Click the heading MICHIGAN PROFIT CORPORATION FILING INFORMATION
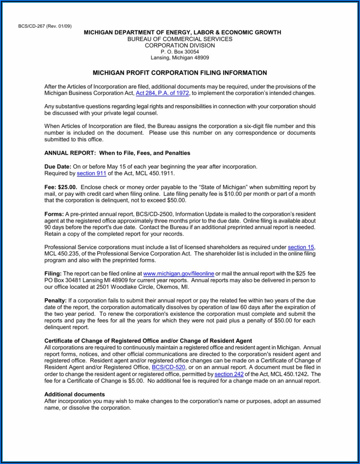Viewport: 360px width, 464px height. tap(180, 73)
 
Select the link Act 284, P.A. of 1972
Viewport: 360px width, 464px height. tap(156, 93)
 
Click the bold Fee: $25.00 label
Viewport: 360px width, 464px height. tap(61, 187)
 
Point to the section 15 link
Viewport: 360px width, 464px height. tap(301, 247)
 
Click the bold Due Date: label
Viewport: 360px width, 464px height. tap(58, 167)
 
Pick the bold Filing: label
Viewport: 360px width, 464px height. tap(53, 273)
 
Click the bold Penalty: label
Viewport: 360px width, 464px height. tap(56, 300)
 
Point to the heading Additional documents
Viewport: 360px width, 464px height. tap(74, 394)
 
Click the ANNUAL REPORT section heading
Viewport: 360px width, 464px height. tap(117, 153)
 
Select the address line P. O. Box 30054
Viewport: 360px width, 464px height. tap(180, 52)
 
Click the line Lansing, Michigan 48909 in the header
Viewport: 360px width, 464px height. tap(180, 58)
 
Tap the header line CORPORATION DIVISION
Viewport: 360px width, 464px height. tap(180, 45)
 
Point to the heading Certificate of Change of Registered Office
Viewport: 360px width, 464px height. tap(148, 340)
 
